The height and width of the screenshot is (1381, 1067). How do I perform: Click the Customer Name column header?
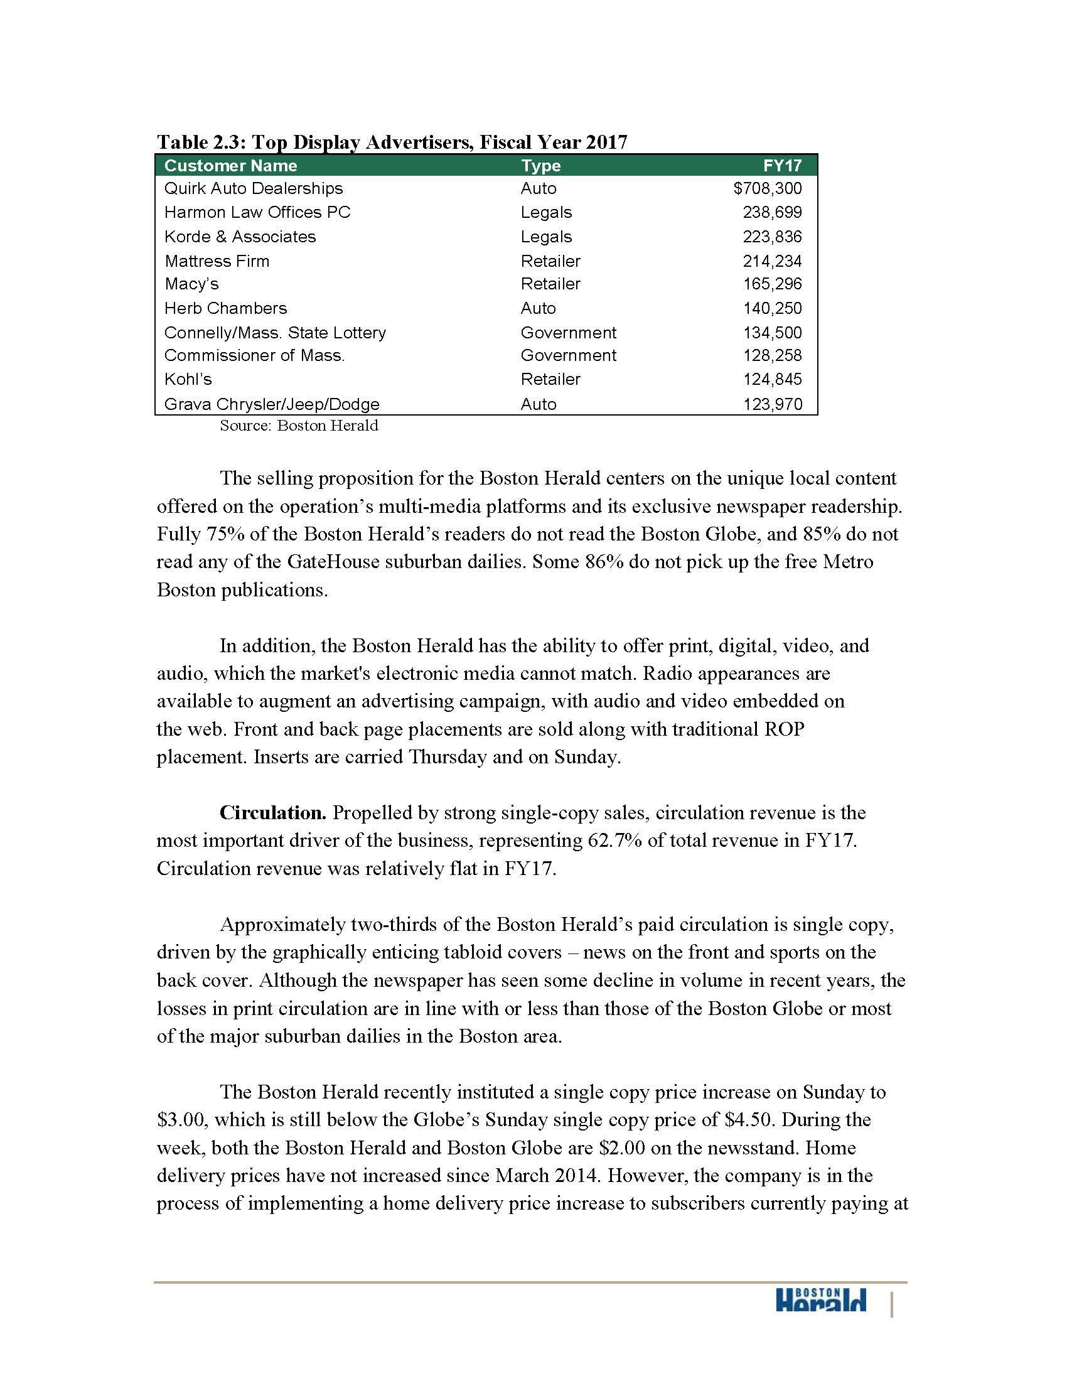[x=230, y=166]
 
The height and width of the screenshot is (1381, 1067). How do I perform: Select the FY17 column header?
[x=782, y=166]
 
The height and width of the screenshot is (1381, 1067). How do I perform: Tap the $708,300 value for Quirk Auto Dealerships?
[x=768, y=188]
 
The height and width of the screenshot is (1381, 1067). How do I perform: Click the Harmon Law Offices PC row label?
[x=257, y=212]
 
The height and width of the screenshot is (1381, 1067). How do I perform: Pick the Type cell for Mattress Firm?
[x=550, y=261]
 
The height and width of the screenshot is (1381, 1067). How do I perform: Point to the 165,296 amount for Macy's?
[x=772, y=284]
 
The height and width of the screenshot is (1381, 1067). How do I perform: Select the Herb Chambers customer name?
[x=226, y=309]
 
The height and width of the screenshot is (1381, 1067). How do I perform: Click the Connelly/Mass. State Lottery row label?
[x=275, y=333]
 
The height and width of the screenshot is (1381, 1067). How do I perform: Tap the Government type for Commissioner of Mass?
[x=568, y=355]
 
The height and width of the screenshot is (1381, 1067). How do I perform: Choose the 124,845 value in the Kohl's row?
[x=772, y=379]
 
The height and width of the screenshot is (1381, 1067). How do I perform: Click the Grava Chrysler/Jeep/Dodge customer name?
[x=272, y=404]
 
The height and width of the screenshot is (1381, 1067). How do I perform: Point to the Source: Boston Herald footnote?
[x=299, y=426]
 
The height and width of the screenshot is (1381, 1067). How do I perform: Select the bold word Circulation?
[x=272, y=812]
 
